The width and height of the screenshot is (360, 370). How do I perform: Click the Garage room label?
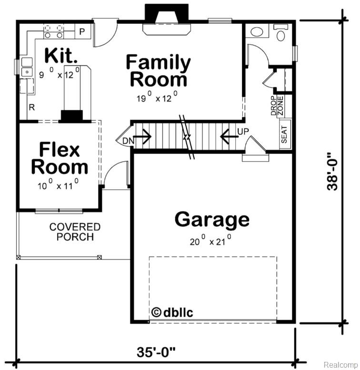(211, 220)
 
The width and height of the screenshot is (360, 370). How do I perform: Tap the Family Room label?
(158, 71)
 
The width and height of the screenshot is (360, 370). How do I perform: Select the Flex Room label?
(60, 159)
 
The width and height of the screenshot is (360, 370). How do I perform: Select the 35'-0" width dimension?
(156, 352)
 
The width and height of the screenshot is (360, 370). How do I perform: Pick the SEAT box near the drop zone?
(285, 135)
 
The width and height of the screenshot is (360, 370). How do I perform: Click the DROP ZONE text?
(277, 106)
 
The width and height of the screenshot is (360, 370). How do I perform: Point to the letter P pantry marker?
(82, 32)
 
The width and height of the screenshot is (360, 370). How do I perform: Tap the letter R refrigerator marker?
(32, 108)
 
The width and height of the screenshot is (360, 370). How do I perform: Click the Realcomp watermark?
(340, 364)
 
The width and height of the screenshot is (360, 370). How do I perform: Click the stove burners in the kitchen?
(53, 31)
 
